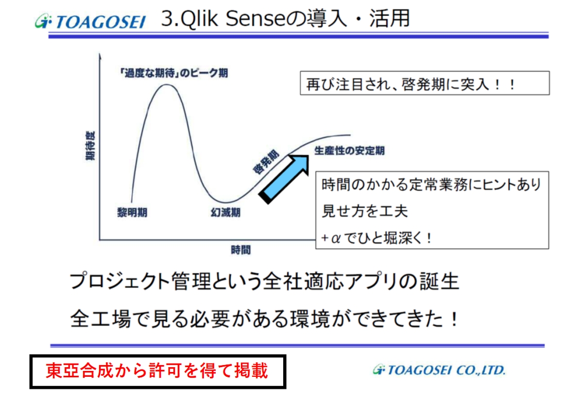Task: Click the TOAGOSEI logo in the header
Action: [x=90, y=21]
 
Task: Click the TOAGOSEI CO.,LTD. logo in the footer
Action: [x=439, y=369]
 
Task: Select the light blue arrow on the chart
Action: [x=284, y=179]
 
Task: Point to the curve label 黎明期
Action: [x=132, y=213]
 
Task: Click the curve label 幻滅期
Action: [x=225, y=213]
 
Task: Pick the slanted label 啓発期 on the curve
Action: [x=266, y=162]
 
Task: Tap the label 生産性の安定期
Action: [x=349, y=151]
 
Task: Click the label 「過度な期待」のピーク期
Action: [x=173, y=73]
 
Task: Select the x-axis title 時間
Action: [x=241, y=250]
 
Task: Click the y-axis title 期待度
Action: [x=90, y=146]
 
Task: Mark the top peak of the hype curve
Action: [x=167, y=84]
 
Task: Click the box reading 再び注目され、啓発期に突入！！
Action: [x=425, y=83]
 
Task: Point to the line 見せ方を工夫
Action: [x=365, y=211]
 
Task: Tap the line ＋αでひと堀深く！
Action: [x=377, y=238]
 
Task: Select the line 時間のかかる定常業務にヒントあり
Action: [x=431, y=185]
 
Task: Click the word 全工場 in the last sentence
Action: [x=101, y=319]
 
